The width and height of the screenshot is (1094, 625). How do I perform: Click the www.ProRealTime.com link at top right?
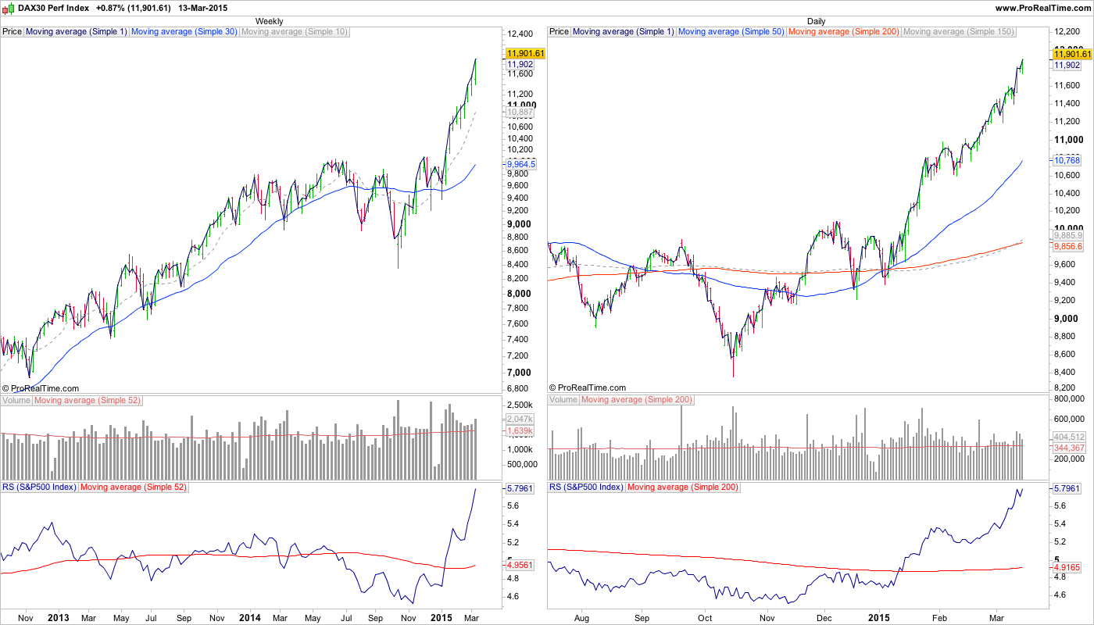coord(1042,7)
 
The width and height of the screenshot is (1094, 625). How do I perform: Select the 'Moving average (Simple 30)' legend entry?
coord(184,32)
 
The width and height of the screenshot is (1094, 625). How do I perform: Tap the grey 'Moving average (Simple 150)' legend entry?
coord(958,32)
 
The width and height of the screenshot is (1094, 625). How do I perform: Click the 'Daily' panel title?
coord(816,21)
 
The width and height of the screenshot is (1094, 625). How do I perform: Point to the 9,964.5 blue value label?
coord(520,164)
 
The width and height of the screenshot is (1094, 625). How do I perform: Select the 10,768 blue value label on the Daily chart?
coord(1067,159)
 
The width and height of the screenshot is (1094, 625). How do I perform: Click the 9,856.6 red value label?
coord(1068,246)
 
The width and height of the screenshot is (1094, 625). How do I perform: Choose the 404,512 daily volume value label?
coord(1068,437)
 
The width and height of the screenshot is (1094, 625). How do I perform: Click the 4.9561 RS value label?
coord(520,564)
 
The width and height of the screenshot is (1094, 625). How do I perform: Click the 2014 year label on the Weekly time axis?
coord(250,617)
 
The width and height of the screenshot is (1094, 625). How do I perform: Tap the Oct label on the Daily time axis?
coord(706,617)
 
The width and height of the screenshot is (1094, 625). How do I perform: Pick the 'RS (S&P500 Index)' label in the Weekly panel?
coord(39,487)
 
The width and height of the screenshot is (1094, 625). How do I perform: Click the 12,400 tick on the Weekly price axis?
coord(520,34)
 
